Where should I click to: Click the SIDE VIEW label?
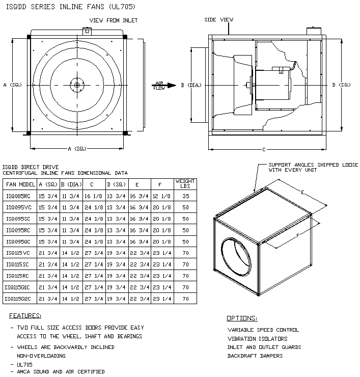coord(218,20)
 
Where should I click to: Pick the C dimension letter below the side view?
coord(263,150)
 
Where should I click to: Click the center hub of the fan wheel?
coord(76,85)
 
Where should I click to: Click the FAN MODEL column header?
coord(20,184)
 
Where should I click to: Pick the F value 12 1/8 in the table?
coord(162,195)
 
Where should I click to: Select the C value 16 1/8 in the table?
coord(93,195)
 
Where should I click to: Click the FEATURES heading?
coord(25,316)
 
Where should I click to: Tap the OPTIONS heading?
coord(242,318)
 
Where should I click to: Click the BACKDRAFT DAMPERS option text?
coord(255,356)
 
